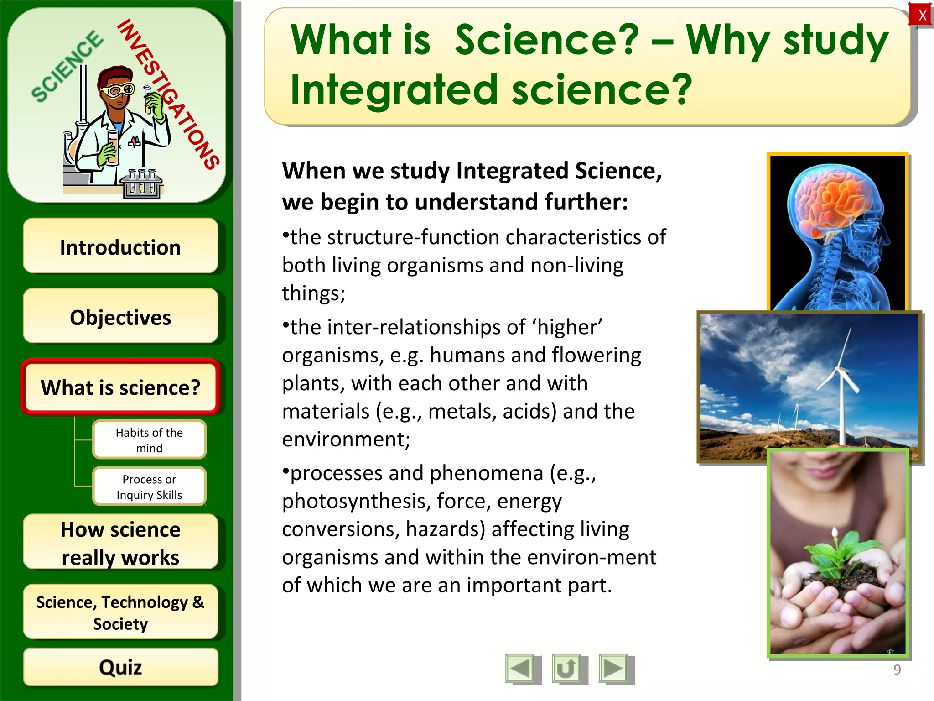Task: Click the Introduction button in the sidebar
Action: click(x=120, y=247)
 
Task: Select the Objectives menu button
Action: click(x=120, y=317)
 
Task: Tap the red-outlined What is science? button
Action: click(x=120, y=387)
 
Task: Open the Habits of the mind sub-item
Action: click(x=149, y=440)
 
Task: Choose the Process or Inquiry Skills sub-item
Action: click(x=149, y=487)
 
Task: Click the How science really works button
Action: click(x=120, y=543)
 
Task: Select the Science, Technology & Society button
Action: click(x=120, y=612)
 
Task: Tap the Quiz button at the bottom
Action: click(x=120, y=667)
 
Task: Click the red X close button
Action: click(x=922, y=16)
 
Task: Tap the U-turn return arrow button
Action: click(x=566, y=669)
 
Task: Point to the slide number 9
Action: click(x=897, y=670)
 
